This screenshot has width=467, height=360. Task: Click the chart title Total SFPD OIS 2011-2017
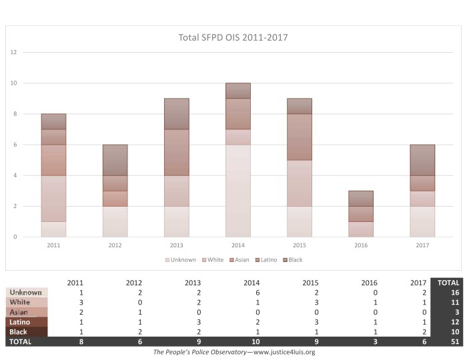[x=233, y=37]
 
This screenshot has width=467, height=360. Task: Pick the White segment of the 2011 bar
[x=54, y=199]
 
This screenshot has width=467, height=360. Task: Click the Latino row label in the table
[x=19, y=322]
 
